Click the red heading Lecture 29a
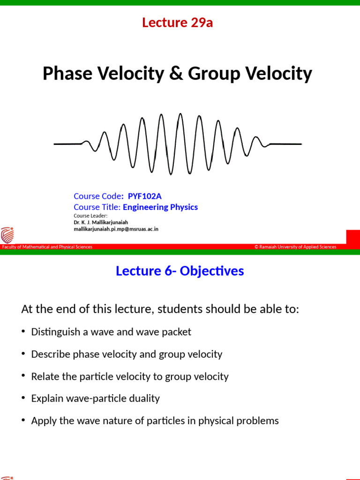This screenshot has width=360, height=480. click(x=177, y=22)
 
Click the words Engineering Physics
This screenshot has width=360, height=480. click(x=160, y=207)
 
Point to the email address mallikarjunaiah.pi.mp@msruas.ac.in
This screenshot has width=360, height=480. click(x=116, y=229)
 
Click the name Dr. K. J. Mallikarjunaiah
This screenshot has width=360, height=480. click(x=101, y=222)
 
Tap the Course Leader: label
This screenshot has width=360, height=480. click(x=90, y=216)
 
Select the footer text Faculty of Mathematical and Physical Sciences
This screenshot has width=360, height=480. click(x=47, y=247)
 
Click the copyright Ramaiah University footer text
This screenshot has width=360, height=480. click(x=295, y=247)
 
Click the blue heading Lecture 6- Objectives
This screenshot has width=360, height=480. click(x=180, y=271)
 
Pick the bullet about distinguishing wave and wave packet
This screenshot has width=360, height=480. click(x=111, y=332)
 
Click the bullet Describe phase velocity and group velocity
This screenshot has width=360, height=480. click(x=127, y=354)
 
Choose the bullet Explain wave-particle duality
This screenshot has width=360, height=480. click(x=95, y=398)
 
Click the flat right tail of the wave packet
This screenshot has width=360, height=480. click(x=286, y=144)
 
